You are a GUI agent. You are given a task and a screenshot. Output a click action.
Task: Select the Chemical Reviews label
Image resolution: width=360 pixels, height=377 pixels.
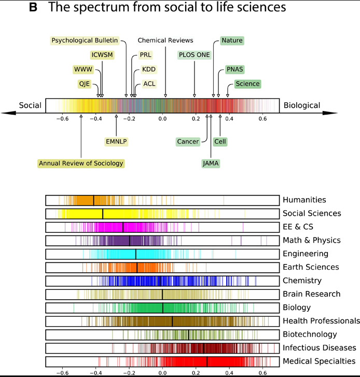coord(165,40)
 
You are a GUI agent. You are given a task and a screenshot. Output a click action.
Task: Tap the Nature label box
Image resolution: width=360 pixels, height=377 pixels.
coord(231,40)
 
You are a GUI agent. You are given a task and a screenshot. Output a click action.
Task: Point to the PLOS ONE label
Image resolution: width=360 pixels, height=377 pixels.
coord(195,54)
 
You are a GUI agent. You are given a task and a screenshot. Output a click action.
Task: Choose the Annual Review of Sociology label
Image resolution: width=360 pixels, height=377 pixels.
coord(81,163)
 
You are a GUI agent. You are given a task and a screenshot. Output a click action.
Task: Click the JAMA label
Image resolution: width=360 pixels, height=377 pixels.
coord(211,163)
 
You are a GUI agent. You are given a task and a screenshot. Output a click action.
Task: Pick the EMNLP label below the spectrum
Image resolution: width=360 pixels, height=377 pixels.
coord(116,141)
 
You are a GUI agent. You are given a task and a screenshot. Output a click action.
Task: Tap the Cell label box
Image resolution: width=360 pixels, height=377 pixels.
coord(220,141)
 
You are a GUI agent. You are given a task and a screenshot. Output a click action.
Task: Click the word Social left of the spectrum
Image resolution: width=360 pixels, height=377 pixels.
coord(30,105)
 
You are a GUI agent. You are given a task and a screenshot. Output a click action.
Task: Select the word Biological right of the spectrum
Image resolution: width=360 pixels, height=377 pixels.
coord(301,105)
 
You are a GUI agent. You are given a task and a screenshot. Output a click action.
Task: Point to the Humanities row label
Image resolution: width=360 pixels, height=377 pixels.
coord(304,200)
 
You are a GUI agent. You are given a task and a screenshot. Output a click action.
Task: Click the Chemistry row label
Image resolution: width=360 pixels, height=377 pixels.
coord(302,281)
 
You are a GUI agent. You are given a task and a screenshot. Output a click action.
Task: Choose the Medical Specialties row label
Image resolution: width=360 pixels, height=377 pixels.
coord(319,361)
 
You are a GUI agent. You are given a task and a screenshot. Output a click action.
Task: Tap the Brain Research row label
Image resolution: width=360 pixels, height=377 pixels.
coord(311,294)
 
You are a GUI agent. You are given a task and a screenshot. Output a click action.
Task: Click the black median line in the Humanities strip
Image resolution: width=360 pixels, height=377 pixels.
coord(93,200)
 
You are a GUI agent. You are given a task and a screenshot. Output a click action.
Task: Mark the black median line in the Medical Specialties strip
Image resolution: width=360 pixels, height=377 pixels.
coord(207,361)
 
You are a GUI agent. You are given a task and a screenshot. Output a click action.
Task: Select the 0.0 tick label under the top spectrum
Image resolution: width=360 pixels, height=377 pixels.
coord(162,119)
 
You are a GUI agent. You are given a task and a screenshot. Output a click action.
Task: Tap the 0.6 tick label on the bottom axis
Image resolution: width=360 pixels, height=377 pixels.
coord(262,372)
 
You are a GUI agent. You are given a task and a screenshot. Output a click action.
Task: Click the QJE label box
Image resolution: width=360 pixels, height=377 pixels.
coord(85,84)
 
